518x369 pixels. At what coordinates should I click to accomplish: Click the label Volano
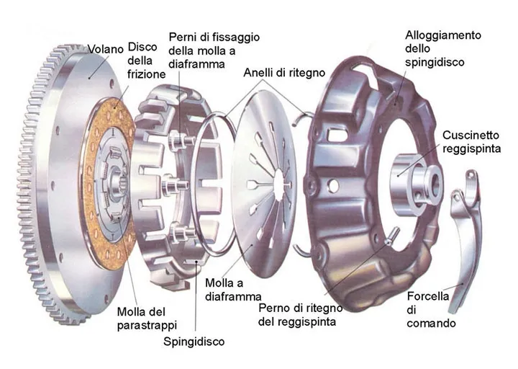(x=105, y=49)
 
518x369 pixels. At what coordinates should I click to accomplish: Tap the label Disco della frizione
(x=146, y=61)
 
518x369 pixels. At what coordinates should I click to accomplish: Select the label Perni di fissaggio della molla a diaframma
(x=214, y=50)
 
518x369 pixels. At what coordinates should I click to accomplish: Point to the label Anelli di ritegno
(x=284, y=73)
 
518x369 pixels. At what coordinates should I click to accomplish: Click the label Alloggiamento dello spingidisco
(x=443, y=49)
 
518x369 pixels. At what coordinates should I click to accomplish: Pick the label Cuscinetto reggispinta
(x=471, y=142)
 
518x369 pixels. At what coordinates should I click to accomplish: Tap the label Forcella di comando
(x=431, y=309)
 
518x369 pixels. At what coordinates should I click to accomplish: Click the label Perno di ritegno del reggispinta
(x=300, y=315)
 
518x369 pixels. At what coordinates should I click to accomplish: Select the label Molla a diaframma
(x=233, y=290)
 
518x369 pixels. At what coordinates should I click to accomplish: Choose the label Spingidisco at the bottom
(x=194, y=341)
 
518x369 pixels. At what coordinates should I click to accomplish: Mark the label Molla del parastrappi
(x=147, y=319)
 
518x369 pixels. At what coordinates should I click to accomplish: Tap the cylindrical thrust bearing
(x=416, y=180)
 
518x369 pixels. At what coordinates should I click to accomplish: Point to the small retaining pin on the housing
(x=391, y=236)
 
